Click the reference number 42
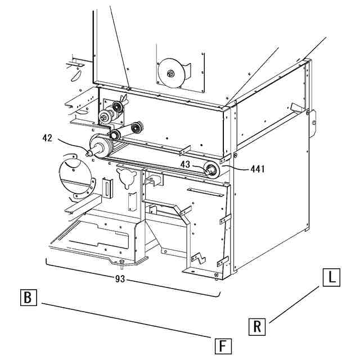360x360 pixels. pyautogui.click(x=48, y=137)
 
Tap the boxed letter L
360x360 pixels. pyautogui.click(x=331, y=277)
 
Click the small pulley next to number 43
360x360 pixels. pyautogui.click(x=212, y=169)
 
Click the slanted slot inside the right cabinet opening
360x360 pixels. pyautogui.click(x=296, y=106)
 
